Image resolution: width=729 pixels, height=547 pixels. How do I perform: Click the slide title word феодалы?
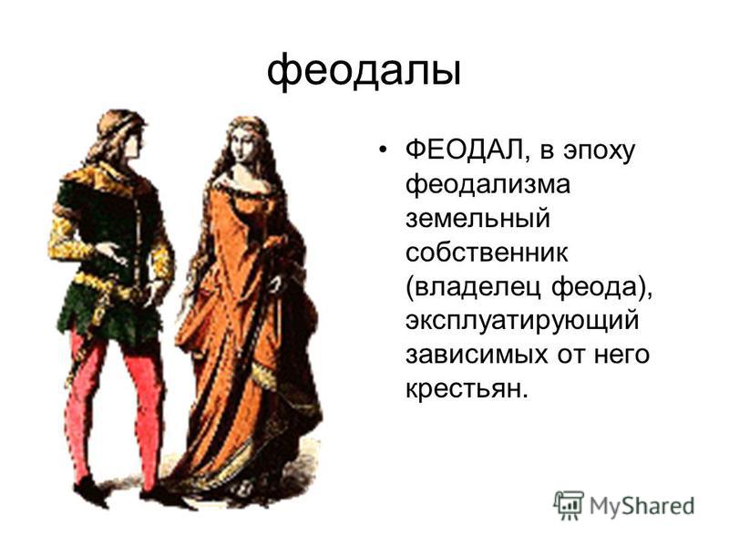click(364, 71)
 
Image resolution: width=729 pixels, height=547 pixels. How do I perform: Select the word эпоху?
click(600, 152)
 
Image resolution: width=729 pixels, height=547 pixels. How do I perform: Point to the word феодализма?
click(488, 185)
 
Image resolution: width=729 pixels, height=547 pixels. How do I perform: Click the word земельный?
click(477, 219)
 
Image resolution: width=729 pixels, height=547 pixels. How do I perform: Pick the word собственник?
click(487, 253)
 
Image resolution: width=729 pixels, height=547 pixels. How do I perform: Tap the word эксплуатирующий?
click(522, 322)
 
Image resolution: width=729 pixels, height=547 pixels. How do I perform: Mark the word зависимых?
click(477, 355)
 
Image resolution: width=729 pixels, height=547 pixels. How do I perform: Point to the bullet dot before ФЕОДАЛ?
click(382, 150)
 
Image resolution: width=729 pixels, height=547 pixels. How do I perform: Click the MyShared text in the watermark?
click(642, 506)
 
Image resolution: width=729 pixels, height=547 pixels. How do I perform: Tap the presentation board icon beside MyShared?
click(568, 504)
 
